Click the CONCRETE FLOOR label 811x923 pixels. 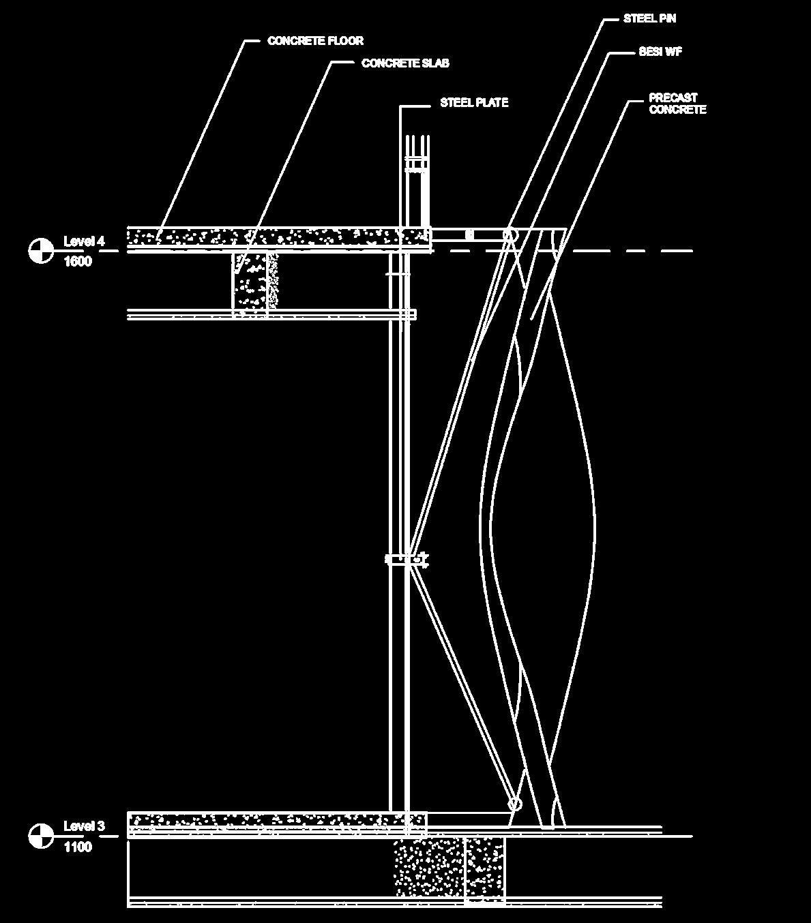point(315,41)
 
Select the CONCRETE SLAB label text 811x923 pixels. point(405,63)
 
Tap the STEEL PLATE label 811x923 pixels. point(473,103)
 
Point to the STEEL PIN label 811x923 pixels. point(649,18)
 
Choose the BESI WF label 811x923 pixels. point(660,52)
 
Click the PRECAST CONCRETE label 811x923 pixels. point(677,104)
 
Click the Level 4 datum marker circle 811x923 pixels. point(41,250)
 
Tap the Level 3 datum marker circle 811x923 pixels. point(41,836)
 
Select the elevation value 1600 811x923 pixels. point(77,262)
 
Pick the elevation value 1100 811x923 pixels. point(77,847)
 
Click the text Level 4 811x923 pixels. point(84,241)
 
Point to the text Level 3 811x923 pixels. point(84,826)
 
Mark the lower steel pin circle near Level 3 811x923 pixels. point(515,804)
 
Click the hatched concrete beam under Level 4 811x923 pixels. point(254,281)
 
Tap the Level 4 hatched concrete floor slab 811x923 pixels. point(273,237)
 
